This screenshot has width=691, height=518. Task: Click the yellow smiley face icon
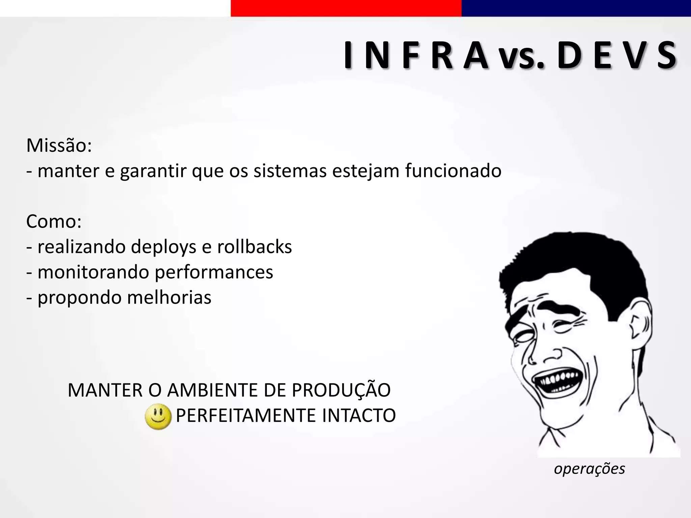(x=158, y=416)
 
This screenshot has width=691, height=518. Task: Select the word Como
(x=53, y=222)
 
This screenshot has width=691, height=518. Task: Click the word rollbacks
(x=254, y=247)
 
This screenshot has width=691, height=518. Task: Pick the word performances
(x=214, y=272)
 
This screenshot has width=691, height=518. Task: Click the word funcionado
(x=453, y=171)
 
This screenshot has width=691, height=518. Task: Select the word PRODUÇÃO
(x=341, y=390)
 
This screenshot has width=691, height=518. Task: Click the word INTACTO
(x=359, y=415)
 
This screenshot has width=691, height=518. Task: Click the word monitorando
(x=93, y=272)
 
